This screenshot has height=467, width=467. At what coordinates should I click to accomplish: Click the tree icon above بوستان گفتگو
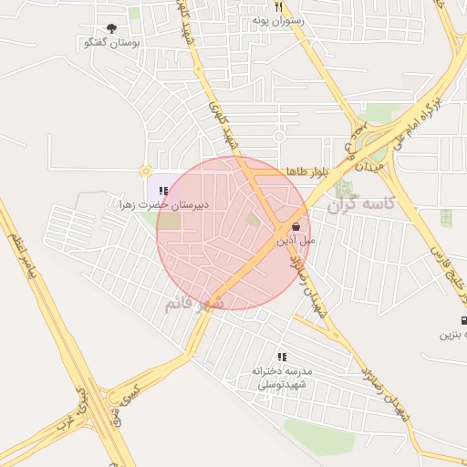(111, 29)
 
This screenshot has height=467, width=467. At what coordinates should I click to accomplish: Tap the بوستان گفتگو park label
(110, 43)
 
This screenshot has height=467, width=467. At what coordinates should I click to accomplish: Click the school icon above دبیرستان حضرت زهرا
(162, 191)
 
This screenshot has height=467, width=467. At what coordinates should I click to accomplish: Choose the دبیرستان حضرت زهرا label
(163, 205)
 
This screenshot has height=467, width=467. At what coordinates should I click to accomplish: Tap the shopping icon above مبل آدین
(296, 225)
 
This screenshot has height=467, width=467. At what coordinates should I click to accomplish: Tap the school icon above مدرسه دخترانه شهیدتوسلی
(282, 357)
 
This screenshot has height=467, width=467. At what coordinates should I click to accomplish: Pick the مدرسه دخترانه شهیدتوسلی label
(282, 378)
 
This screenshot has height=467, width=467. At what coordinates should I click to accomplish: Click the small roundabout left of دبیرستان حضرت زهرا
(144, 171)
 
